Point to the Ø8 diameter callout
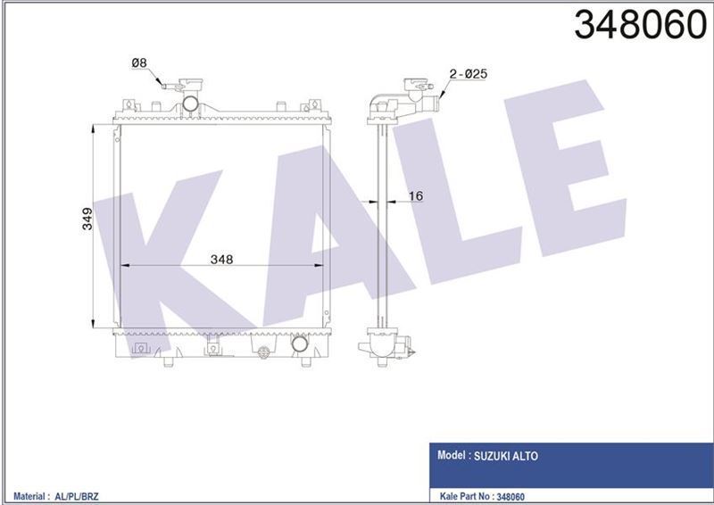[x=138, y=62]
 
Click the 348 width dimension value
[x=221, y=260]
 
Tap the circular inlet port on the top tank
[x=190, y=107]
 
